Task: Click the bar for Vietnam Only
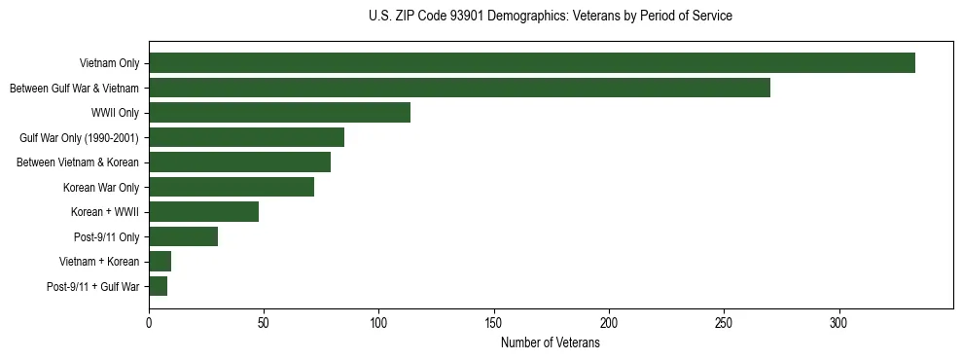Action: click(531, 63)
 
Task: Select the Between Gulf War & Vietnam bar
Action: click(459, 88)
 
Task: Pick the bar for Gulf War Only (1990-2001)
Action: click(246, 137)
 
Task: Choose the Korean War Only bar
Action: click(232, 187)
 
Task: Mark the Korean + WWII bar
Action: click(203, 212)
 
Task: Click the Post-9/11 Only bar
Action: click(183, 236)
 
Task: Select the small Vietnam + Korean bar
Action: click(160, 262)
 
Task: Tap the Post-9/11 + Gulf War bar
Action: click(158, 286)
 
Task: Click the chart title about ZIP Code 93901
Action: click(550, 17)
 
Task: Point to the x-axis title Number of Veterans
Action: click(550, 343)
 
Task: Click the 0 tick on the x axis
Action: click(149, 324)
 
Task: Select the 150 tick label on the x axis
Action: click(494, 324)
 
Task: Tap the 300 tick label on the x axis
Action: click(838, 324)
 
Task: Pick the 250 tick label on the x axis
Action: click(724, 324)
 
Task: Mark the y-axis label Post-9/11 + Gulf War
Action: click(93, 287)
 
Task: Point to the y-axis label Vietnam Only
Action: click(109, 63)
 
